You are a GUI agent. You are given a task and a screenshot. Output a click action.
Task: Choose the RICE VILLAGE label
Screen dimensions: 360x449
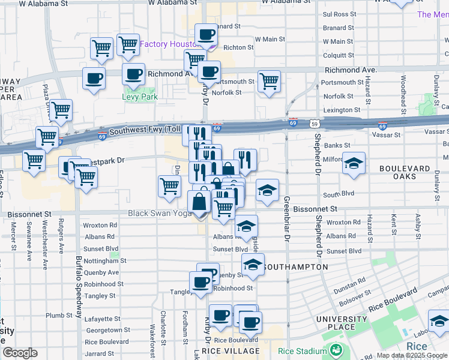pyautogui.click(x=231, y=351)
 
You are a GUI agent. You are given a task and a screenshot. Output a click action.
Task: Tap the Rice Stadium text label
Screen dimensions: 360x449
pyautogui.click(x=303, y=351)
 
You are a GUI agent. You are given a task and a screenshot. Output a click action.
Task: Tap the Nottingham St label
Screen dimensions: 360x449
pyautogui.click(x=105, y=261)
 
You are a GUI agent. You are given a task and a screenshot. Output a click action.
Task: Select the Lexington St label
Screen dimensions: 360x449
pyautogui.click(x=342, y=110)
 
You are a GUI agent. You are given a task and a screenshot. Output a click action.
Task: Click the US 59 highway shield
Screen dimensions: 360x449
pyautogui.click(x=315, y=124)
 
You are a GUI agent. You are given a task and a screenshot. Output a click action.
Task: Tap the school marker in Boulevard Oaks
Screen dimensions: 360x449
pyautogui.click(x=354, y=164)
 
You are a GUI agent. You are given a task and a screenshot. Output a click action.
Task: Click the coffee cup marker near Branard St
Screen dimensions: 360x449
pyautogui.click(x=206, y=36)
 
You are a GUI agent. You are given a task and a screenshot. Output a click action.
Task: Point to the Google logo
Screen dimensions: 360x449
pyautogui.click(x=20, y=353)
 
